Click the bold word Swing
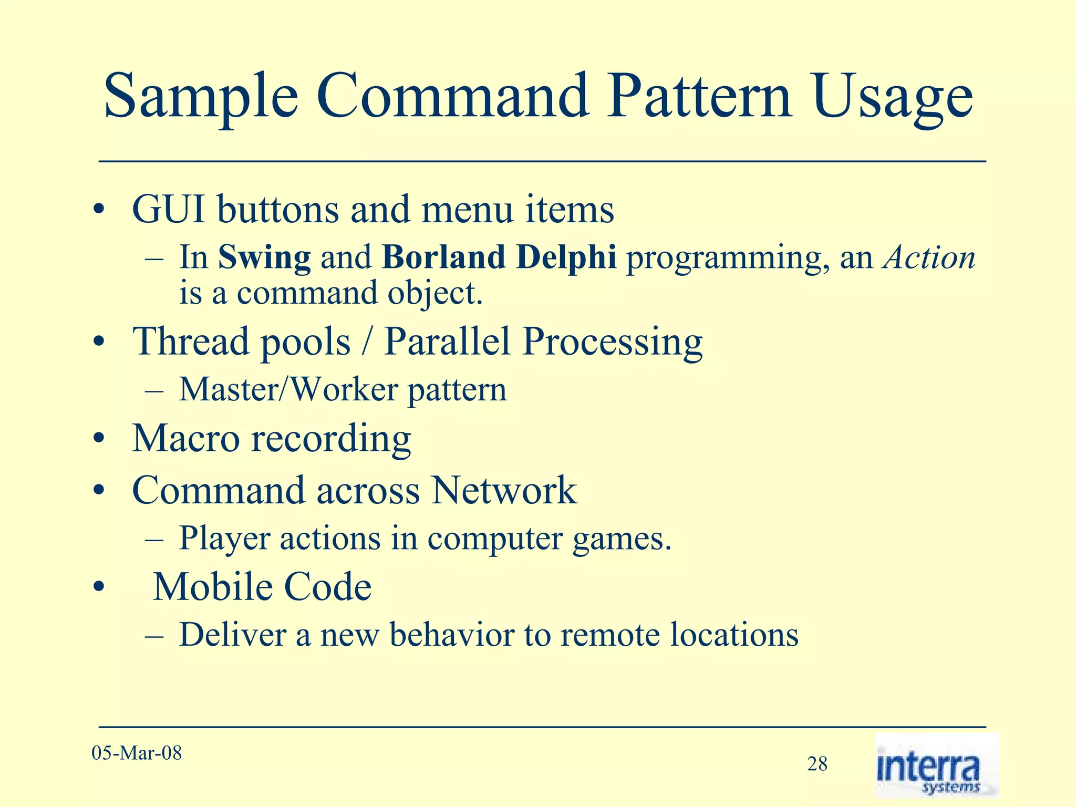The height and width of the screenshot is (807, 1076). click(264, 258)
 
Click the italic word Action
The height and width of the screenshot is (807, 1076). click(929, 257)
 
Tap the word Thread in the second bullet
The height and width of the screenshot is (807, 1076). click(190, 342)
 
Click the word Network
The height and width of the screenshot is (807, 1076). click(504, 490)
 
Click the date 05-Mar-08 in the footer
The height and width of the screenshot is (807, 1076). click(137, 753)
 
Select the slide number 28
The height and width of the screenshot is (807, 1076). click(817, 764)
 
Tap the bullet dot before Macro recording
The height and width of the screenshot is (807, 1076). click(98, 440)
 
